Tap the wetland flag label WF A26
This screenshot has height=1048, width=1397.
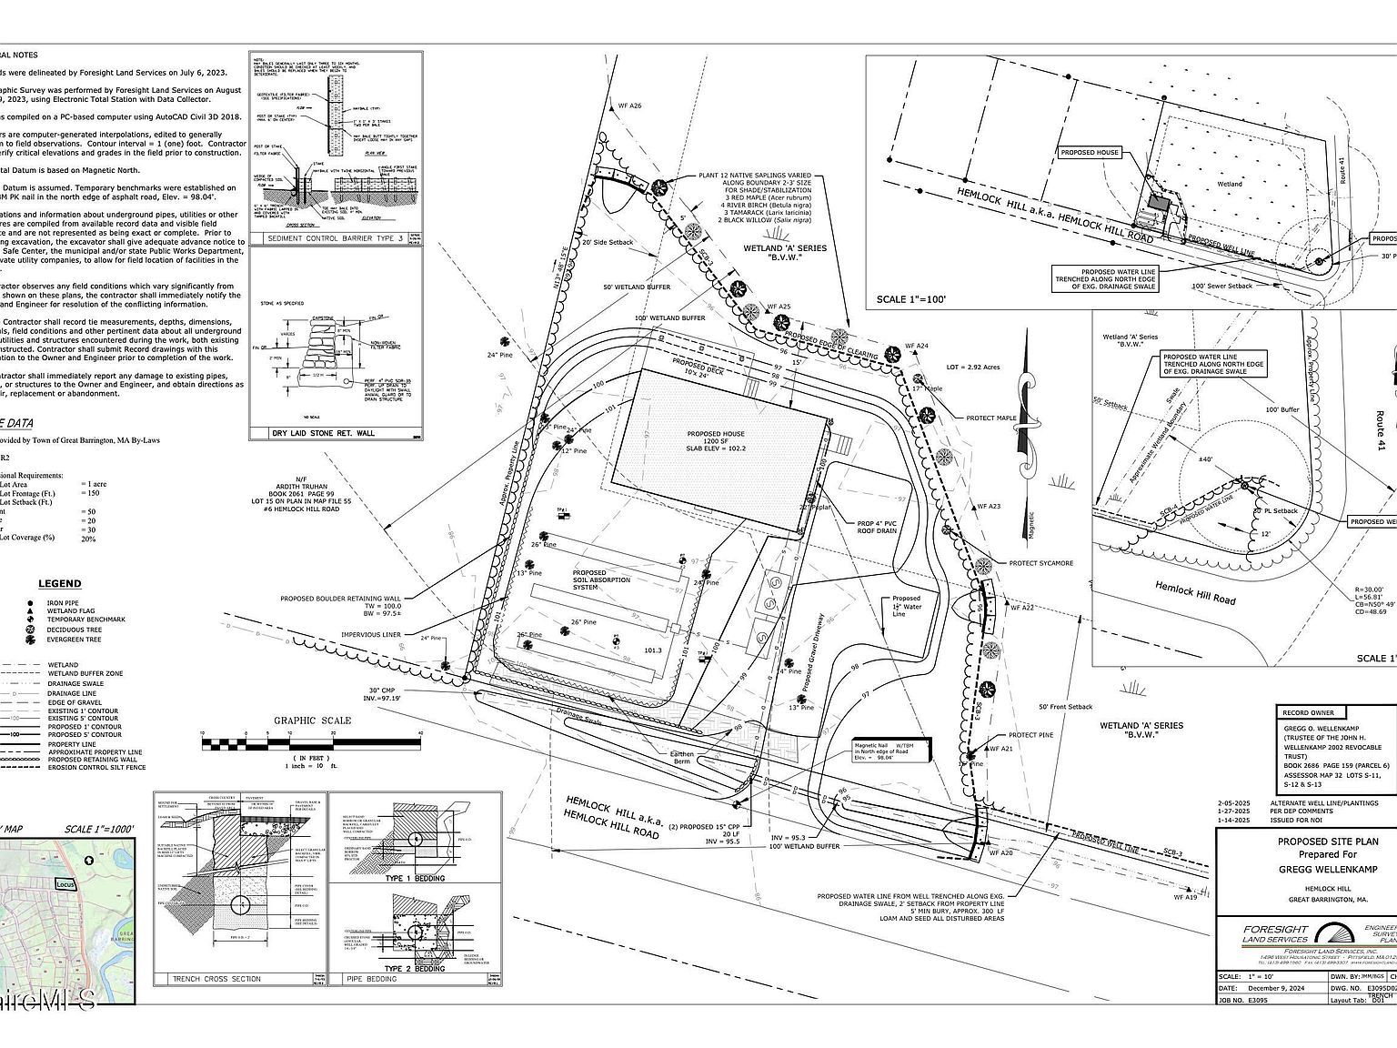point(629,106)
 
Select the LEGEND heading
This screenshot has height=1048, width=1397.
point(59,584)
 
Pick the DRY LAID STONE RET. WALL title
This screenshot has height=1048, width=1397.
point(323,433)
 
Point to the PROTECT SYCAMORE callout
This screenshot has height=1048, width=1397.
point(1040,563)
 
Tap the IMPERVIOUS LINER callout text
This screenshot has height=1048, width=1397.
point(371,635)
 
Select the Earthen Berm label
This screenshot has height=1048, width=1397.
point(675,760)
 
